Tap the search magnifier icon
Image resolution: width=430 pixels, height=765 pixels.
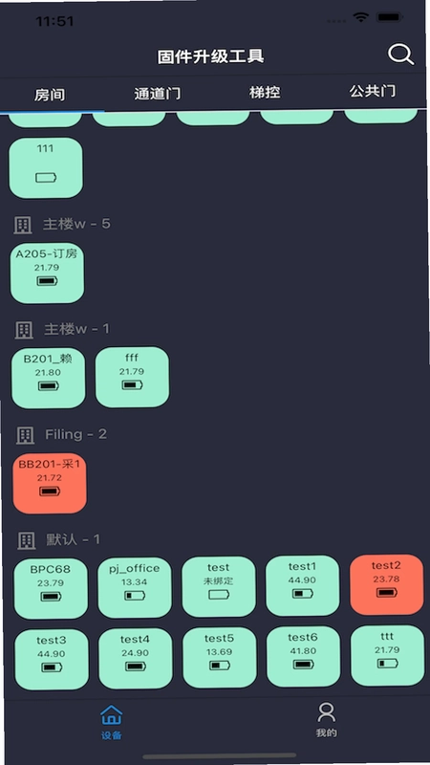[x=400, y=55]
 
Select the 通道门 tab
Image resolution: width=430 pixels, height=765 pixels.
[x=157, y=93]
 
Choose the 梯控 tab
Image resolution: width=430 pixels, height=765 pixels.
[x=265, y=92]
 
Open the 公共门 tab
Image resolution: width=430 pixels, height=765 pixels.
[x=373, y=91]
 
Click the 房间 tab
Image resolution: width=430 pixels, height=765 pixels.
[x=50, y=95]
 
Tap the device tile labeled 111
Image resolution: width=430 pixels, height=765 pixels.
[x=46, y=168]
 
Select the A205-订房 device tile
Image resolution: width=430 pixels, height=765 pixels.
[x=47, y=273]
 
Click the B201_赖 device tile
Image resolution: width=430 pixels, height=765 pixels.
[x=49, y=378]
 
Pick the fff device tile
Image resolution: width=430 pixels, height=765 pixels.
[x=132, y=377]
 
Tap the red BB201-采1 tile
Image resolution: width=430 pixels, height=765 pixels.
[x=50, y=484]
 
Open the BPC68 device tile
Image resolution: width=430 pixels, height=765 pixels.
[x=51, y=589]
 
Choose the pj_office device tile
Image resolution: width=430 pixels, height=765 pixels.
[x=135, y=588]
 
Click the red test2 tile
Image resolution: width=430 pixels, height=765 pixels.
[x=387, y=584]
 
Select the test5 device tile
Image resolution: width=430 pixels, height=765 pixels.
[x=220, y=657]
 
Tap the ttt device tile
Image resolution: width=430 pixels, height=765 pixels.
[x=388, y=655]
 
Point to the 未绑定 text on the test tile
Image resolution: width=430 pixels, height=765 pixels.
[x=218, y=581]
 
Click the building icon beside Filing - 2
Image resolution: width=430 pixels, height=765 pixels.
[x=26, y=435]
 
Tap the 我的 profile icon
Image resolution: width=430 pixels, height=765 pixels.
[x=326, y=712]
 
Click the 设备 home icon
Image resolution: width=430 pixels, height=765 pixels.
[x=112, y=714]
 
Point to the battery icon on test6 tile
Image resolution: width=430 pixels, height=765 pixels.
[x=303, y=665]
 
